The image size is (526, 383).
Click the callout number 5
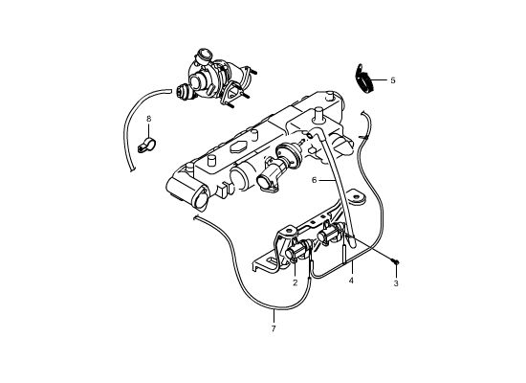click(x=393, y=80)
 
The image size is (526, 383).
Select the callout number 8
click(x=149, y=119)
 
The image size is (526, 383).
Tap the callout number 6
click(x=314, y=180)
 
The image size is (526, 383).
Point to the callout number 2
click(x=296, y=282)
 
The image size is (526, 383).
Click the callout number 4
click(x=351, y=281)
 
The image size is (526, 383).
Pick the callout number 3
click(x=396, y=283)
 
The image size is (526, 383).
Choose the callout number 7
click(x=274, y=328)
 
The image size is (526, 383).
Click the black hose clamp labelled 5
click(x=363, y=78)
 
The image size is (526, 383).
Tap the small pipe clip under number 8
click(x=146, y=146)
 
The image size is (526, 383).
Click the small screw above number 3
click(x=396, y=260)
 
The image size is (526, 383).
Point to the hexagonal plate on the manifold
click(x=238, y=147)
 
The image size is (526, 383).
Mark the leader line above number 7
click(x=274, y=316)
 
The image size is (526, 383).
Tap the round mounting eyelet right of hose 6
click(x=358, y=198)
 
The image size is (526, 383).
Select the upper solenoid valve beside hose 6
click(x=330, y=234)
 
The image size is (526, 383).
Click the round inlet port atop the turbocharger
click(x=204, y=54)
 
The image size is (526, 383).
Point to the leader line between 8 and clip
click(x=149, y=131)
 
